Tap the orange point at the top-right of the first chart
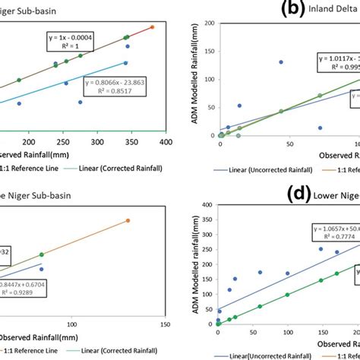click(152, 27)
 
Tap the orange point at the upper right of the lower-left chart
click(128, 220)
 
